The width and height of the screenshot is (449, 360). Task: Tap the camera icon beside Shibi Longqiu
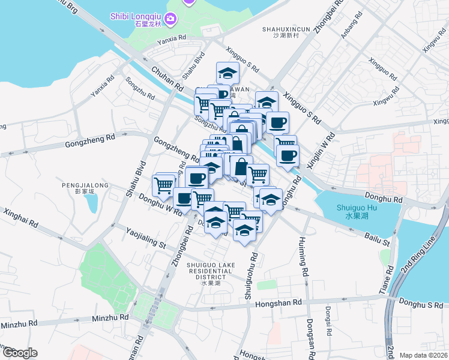pyautogui.click(x=170, y=20)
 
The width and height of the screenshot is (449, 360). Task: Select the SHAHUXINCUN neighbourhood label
pyautogui.click(x=286, y=31)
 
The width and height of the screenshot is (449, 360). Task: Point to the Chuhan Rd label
pyautogui.click(x=167, y=79)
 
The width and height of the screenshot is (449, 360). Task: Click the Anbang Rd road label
pyautogui.click(x=352, y=27)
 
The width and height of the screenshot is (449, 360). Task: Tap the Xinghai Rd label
pyautogui.click(x=20, y=218)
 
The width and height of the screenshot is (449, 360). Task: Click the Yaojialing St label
pyautogui.click(x=146, y=236)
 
